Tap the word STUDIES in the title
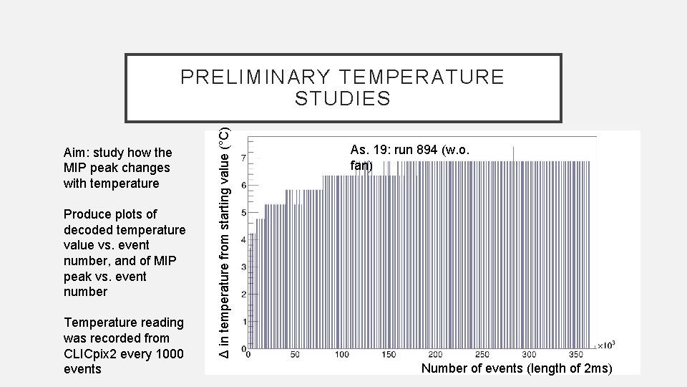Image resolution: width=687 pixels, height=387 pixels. [343, 98]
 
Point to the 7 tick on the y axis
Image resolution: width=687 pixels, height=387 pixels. [245, 157]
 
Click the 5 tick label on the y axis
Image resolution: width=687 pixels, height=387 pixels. [245, 212]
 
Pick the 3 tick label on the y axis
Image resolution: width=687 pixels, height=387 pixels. [245, 267]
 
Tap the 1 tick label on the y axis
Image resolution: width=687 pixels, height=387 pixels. [245, 322]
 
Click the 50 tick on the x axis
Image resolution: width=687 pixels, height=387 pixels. [295, 355]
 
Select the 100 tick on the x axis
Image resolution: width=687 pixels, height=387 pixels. [342, 355]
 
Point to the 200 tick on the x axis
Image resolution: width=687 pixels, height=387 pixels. [435, 355]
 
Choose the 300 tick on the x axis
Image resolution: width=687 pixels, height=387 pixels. [529, 355]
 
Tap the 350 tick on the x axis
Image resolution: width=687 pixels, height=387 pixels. [575, 355]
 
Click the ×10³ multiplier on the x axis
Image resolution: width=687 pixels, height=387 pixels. [606, 345]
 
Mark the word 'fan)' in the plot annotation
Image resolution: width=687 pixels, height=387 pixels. [361, 166]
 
